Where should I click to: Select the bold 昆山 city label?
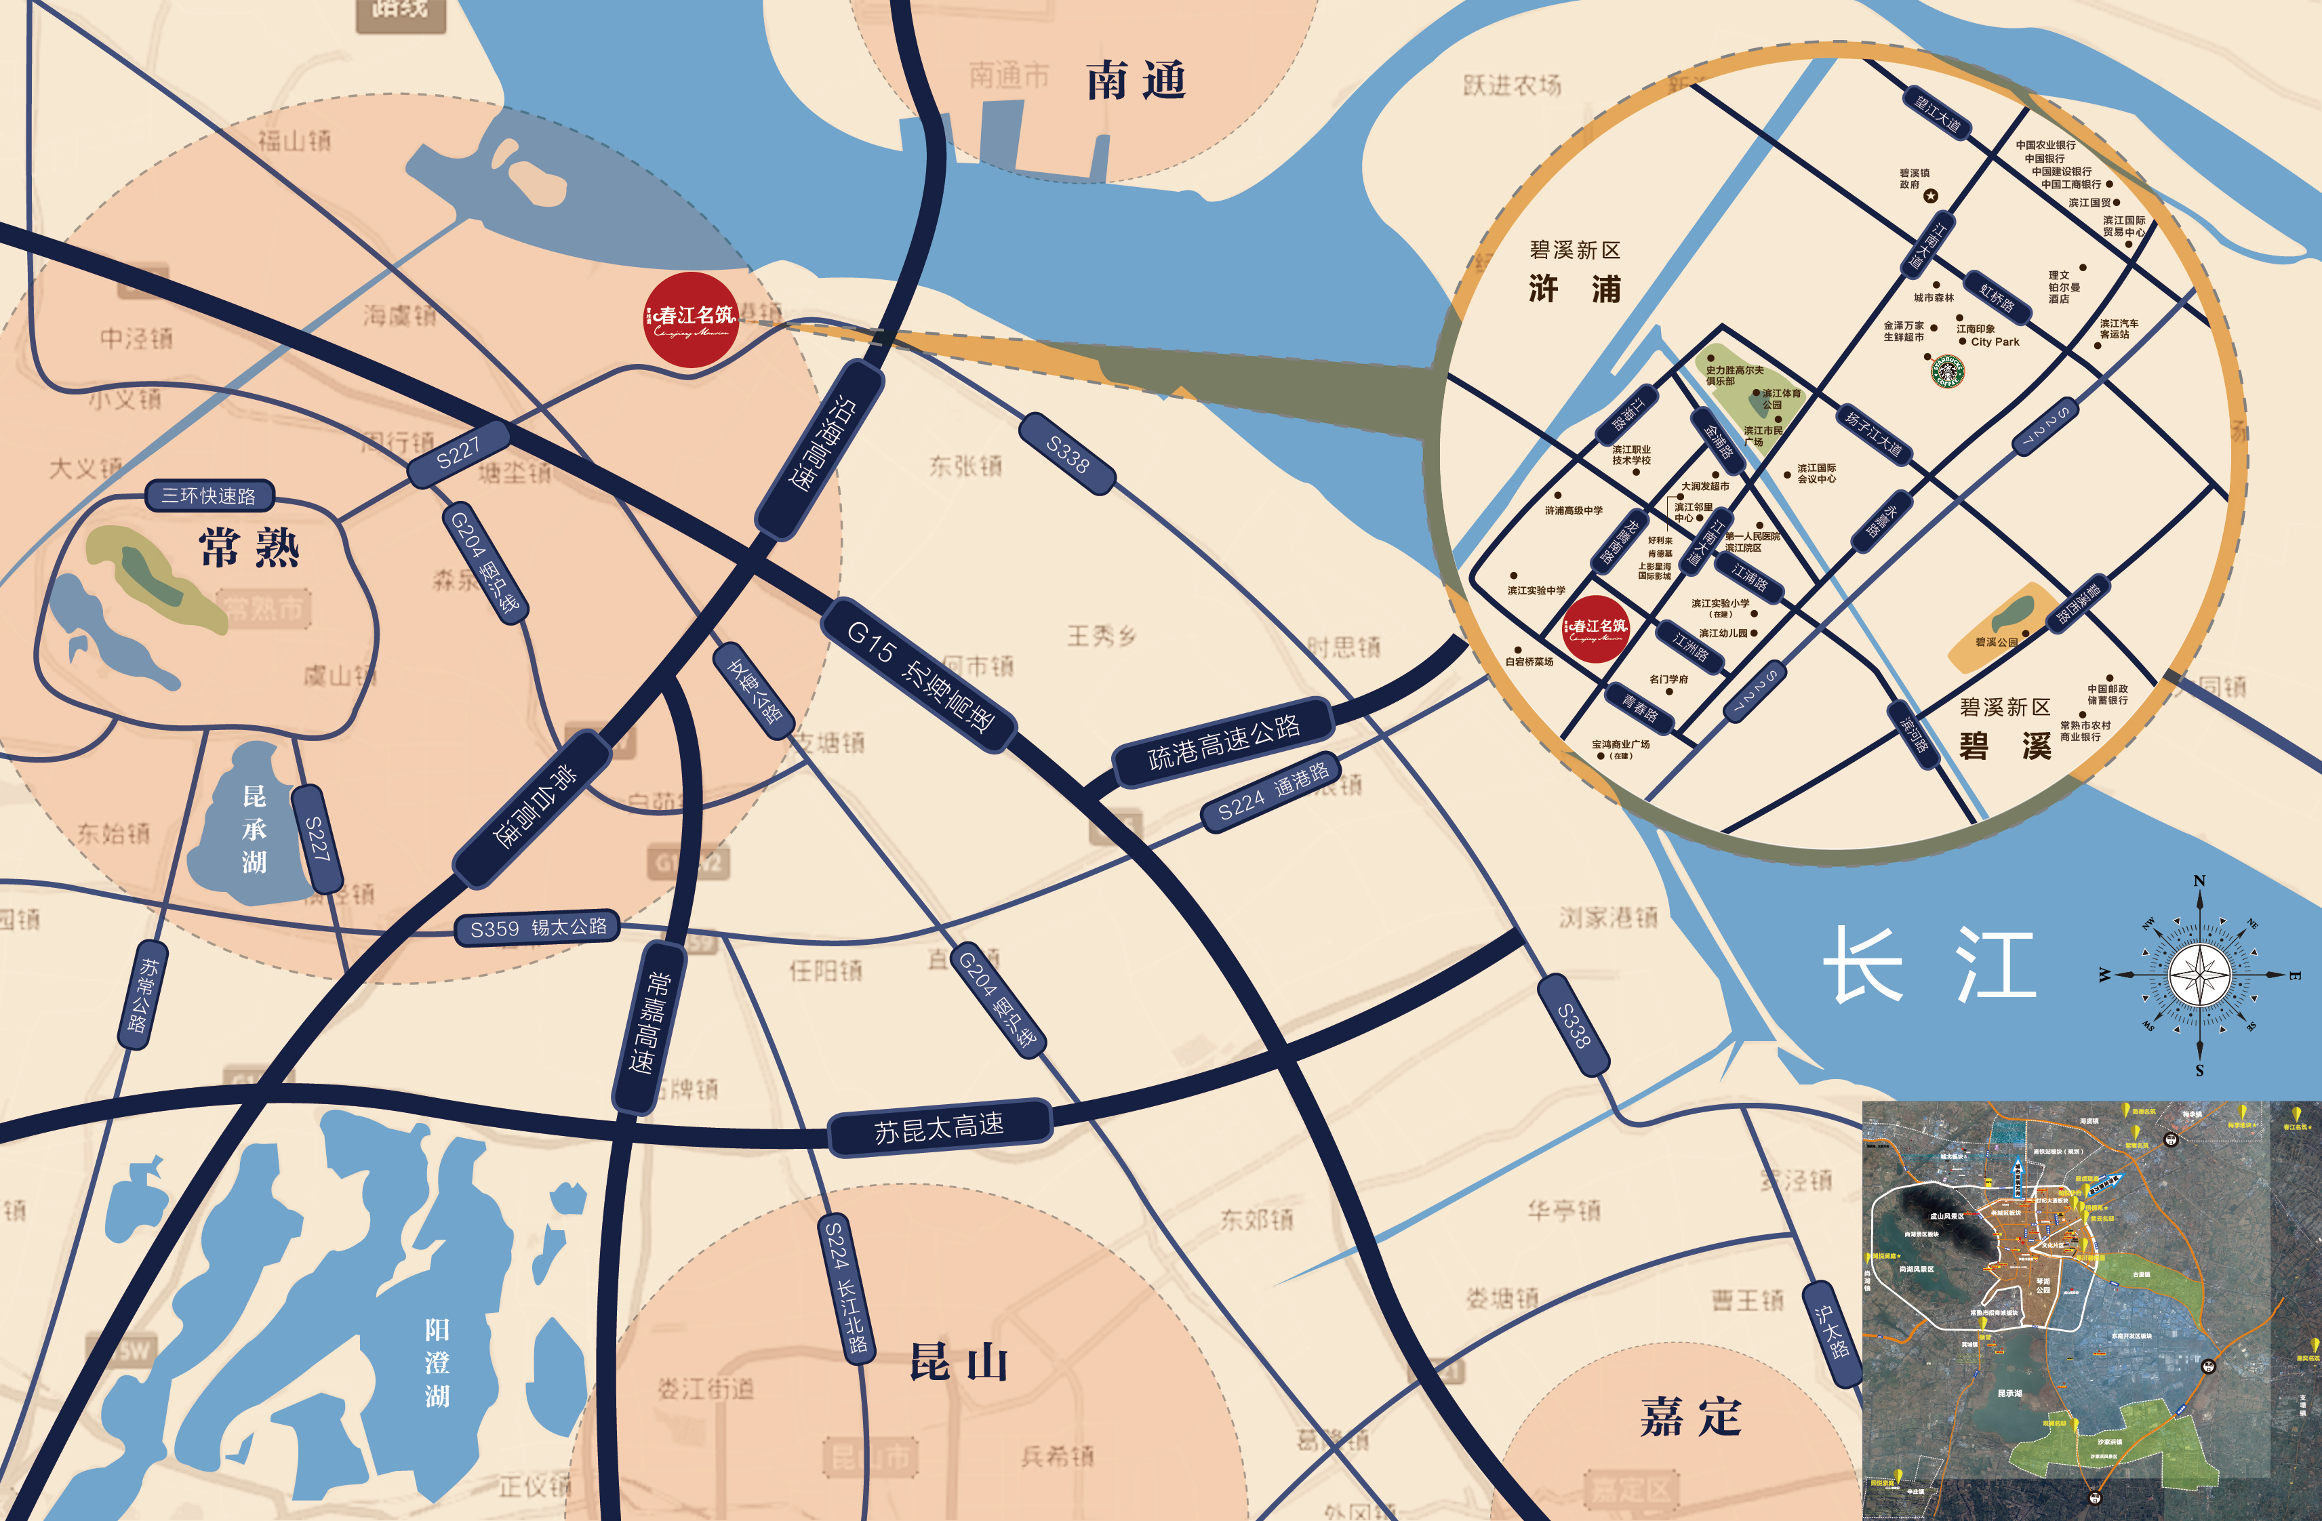point(958,1361)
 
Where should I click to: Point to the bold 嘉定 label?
point(1691,1416)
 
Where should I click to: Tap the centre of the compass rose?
point(2199,975)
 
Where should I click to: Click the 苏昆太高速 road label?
point(938,1128)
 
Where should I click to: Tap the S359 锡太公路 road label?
point(538,928)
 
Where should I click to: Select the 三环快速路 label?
point(209,495)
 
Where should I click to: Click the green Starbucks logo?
point(1947,371)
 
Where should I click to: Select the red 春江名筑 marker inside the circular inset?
point(1596,629)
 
